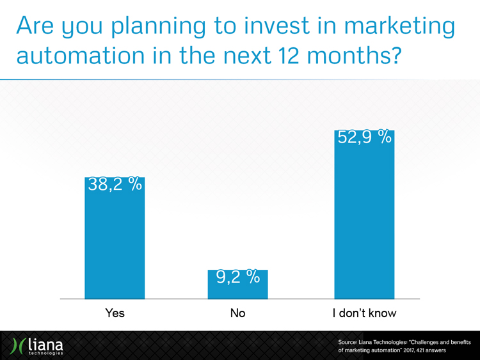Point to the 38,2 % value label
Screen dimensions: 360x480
click(x=115, y=186)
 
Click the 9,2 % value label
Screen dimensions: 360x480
click(x=237, y=277)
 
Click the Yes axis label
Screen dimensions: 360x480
click(x=115, y=313)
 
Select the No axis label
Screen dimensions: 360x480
click(x=237, y=313)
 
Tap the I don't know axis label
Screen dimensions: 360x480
click(x=364, y=313)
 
